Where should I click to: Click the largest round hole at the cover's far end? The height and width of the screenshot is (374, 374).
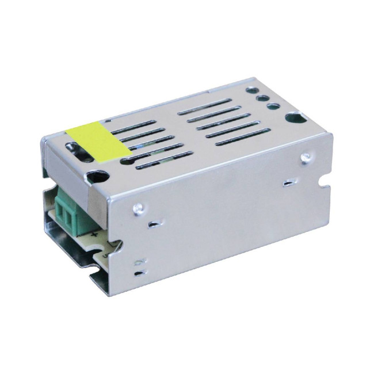(x=294, y=120)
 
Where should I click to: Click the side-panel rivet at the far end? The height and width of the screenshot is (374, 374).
(x=306, y=155)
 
